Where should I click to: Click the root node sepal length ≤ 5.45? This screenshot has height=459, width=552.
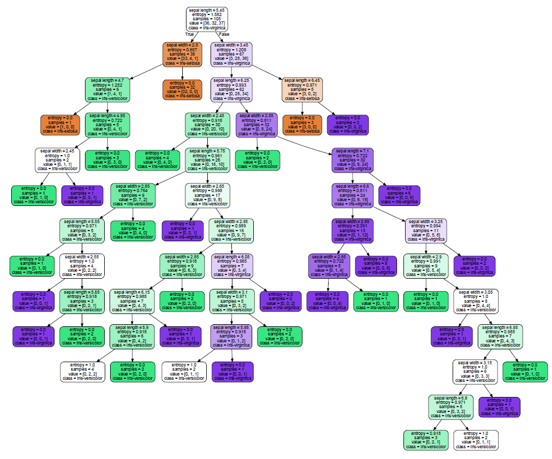208,19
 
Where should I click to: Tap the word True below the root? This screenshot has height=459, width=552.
189,35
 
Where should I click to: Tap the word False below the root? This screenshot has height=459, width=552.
224,35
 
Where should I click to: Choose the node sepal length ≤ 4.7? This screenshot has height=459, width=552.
107,89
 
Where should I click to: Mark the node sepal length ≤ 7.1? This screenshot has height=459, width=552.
354,159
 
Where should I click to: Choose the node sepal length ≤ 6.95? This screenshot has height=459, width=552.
500,335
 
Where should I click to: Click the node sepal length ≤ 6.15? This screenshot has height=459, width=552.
131,301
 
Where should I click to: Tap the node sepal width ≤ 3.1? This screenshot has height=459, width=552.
231,301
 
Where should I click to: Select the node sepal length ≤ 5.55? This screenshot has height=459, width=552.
82,230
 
